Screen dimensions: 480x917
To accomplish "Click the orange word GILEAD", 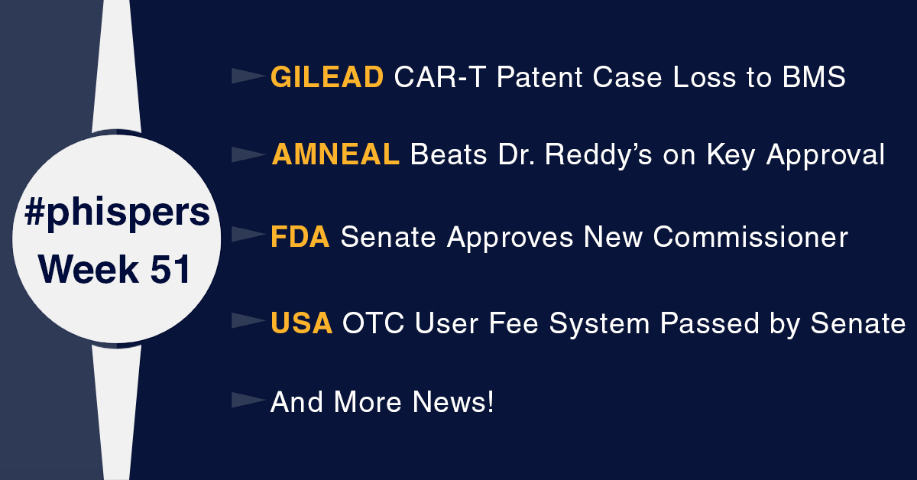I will pyautogui.click(x=327, y=76).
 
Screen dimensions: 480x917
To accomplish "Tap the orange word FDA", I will pyautogui.click(x=300, y=238).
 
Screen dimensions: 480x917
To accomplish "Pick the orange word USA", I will pyautogui.click(x=302, y=323).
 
